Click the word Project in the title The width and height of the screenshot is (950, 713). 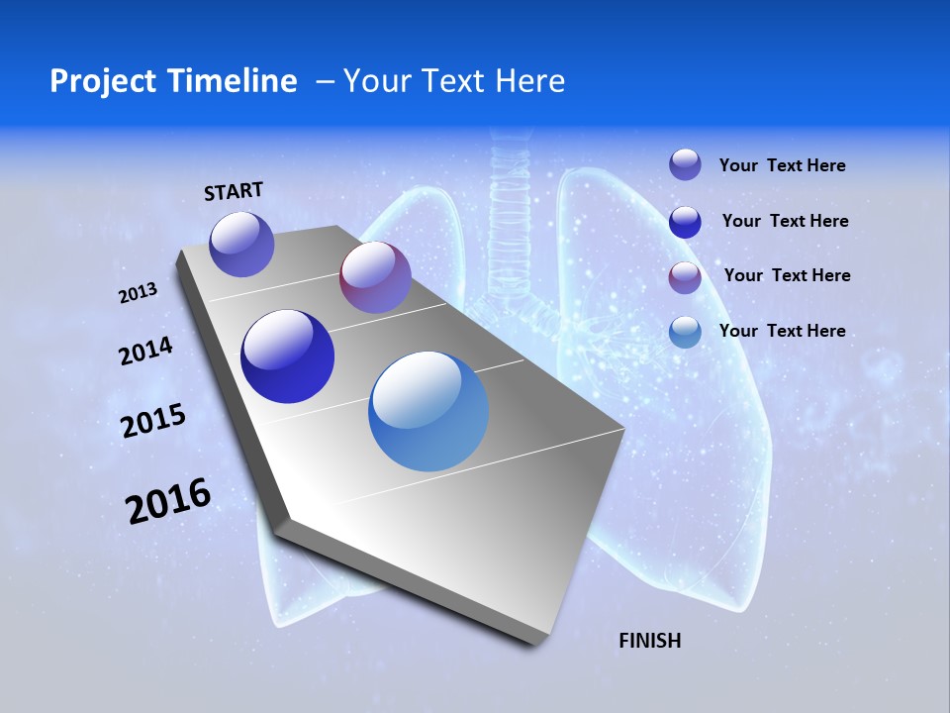pyautogui.click(x=100, y=81)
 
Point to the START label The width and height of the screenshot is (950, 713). pyautogui.click(x=234, y=191)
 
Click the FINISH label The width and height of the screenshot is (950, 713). pyautogui.click(x=650, y=641)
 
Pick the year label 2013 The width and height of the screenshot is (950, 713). pyautogui.click(x=139, y=293)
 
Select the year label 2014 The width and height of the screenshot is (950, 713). pyautogui.click(x=146, y=352)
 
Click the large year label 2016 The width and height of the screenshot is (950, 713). pyautogui.click(x=168, y=501)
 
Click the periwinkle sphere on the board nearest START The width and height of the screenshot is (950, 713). pyautogui.click(x=242, y=244)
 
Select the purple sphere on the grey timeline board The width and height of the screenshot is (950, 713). pyautogui.click(x=375, y=277)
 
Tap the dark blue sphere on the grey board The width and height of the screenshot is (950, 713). pyautogui.click(x=288, y=356)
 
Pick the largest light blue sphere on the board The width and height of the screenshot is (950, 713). pyautogui.click(x=428, y=411)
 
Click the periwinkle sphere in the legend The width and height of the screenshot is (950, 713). pyautogui.click(x=685, y=164)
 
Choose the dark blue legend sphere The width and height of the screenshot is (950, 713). pyautogui.click(x=685, y=222)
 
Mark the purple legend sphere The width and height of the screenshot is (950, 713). pyautogui.click(x=685, y=277)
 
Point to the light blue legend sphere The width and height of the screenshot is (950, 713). pyautogui.click(x=685, y=332)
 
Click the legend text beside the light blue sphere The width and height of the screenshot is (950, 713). pyautogui.click(x=782, y=331)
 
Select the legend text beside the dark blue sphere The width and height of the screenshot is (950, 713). pyautogui.click(x=785, y=221)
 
